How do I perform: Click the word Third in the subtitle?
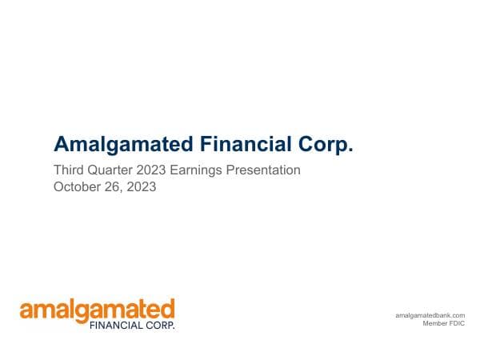(x=69, y=170)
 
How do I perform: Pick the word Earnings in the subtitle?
(x=202, y=170)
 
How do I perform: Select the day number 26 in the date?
(x=114, y=188)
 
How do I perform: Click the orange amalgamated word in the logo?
(x=97, y=310)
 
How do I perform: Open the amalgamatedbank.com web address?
(x=430, y=316)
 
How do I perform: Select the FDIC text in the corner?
(x=457, y=325)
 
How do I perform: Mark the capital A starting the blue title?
(x=61, y=145)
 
